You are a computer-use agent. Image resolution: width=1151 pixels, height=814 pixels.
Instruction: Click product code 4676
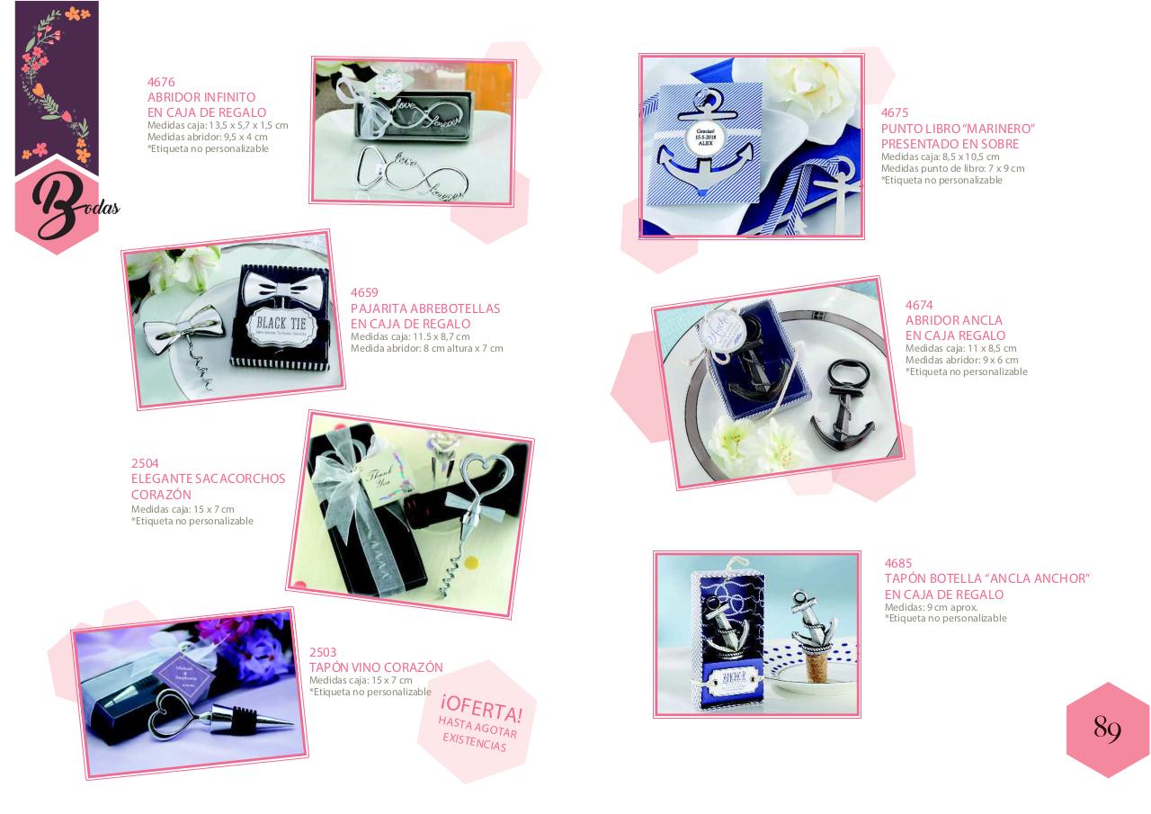[x=161, y=82]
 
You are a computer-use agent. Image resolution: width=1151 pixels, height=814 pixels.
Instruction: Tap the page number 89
[x=1107, y=728]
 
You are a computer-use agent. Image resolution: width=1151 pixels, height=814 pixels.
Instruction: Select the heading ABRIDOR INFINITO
[x=201, y=97]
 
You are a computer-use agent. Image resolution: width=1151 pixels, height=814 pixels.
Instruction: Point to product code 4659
[x=364, y=292]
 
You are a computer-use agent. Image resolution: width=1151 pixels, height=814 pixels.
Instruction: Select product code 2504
[x=145, y=463]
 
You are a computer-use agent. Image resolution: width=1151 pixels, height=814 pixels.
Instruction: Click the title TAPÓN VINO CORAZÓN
[x=376, y=667]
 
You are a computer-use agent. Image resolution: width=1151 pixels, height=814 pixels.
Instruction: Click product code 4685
[x=898, y=563]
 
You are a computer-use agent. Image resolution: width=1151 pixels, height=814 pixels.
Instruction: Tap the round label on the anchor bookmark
[x=704, y=139]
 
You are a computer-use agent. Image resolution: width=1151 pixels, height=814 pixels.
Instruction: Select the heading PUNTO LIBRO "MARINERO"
[x=958, y=129]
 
